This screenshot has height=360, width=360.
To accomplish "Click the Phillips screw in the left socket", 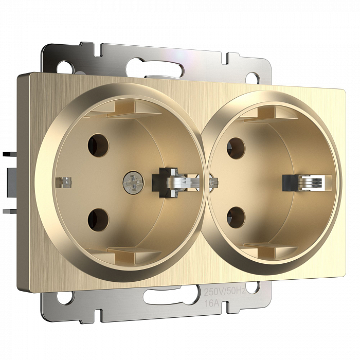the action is click(133, 183).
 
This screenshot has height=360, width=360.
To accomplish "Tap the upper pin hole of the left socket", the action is click(98, 146).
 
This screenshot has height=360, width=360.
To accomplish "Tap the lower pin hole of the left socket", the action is click(98, 220).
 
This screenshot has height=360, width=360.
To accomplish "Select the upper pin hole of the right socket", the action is click(236, 148).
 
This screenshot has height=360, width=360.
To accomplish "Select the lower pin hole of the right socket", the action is click(236, 218).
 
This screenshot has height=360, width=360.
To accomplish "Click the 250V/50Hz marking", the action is click(225, 292).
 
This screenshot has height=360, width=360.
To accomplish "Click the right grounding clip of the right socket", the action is click(307, 183).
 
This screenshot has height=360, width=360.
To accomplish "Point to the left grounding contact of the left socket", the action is click(63, 182).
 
